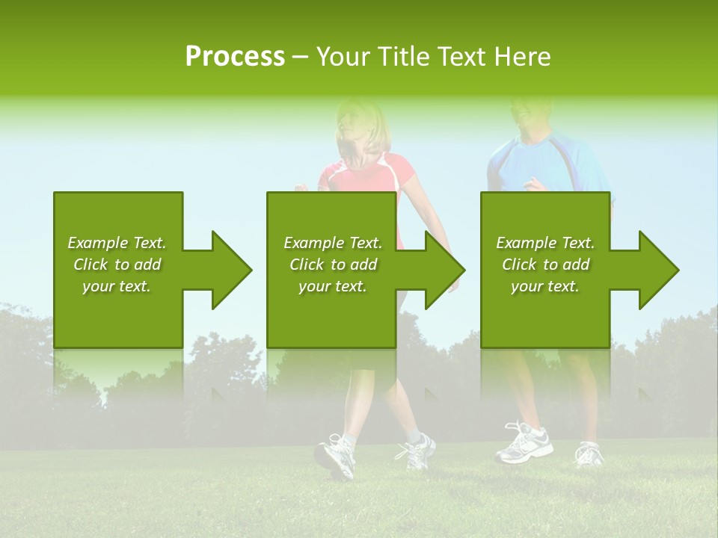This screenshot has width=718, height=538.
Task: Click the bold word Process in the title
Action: (235, 56)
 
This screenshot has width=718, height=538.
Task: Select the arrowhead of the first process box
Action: (228, 270)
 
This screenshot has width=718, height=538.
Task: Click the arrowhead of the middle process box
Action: (442, 270)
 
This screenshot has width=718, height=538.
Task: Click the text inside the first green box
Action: (117, 265)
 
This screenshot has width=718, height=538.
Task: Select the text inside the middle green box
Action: (332, 265)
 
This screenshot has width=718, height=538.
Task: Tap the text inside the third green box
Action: (544, 265)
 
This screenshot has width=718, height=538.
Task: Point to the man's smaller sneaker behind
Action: (589, 453)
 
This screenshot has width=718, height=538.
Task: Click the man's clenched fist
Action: (536, 184)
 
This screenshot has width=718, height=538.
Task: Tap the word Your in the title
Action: (345, 56)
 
